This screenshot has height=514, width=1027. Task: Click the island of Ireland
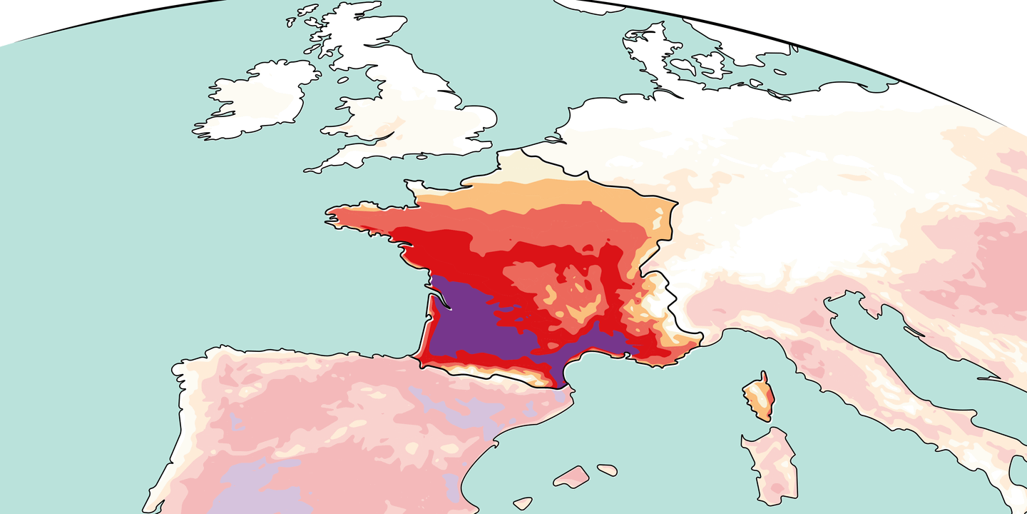260,100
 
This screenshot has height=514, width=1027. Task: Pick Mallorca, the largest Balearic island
571,476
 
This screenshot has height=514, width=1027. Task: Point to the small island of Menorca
607,470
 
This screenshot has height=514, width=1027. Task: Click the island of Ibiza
522,503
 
